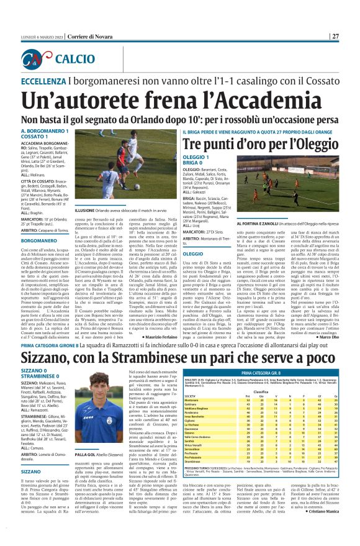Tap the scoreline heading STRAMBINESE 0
tap(43, 375)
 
